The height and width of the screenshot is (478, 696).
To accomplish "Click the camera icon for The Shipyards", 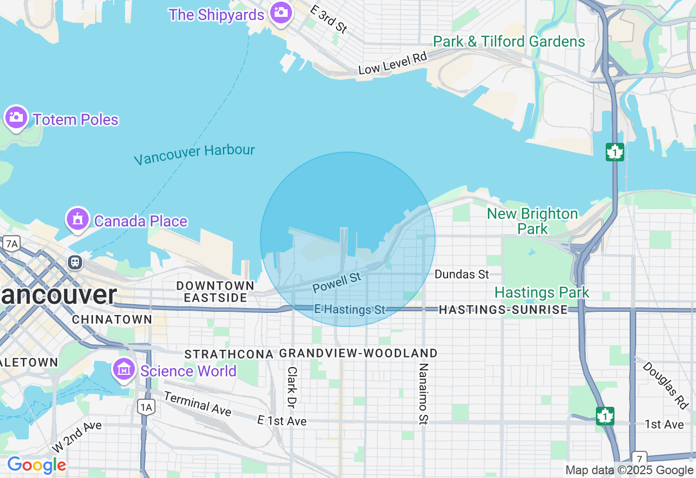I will pyautogui.click(x=281, y=12).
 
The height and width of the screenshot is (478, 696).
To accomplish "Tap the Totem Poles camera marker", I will pyautogui.click(x=16, y=117).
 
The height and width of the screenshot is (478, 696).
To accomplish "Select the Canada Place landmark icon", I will pyautogui.click(x=78, y=219).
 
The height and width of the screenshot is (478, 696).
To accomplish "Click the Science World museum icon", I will pyautogui.click(x=124, y=370).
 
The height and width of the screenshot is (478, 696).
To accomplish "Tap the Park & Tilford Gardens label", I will pyautogui.click(x=509, y=41).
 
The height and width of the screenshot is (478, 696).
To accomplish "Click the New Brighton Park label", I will pyautogui.click(x=532, y=221).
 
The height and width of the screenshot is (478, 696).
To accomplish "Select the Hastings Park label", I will pyautogui.click(x=542, y=293).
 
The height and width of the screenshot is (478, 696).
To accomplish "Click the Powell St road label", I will pyautogui.click(x=337, y=282).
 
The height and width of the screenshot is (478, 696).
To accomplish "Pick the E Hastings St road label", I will pyautogui.click(x=350, y=310).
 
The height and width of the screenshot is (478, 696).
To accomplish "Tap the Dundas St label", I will pyautogui.click(x=462, y=274).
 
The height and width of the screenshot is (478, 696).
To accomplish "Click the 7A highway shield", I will pyautogui.click(x=10, y=243).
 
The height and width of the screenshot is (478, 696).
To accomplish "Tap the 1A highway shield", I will pyautogui.click(x=146, y=407).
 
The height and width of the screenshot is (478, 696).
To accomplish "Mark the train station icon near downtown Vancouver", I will pyautogui.click(x=75, y=262).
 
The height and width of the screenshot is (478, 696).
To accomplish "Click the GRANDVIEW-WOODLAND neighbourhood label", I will pyautogui.click(x=358, y=354).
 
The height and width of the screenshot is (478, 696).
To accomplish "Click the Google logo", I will pyautogui.click(x=36, y=466).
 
